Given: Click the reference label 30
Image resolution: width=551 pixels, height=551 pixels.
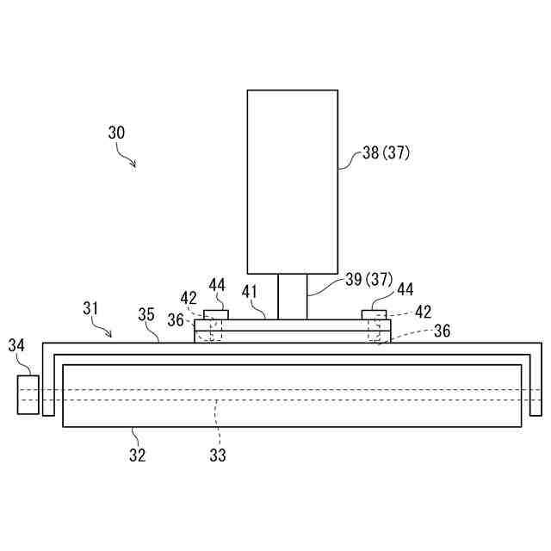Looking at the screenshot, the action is click(116, 133).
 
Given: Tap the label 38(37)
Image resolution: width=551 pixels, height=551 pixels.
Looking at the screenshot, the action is click(386, 153).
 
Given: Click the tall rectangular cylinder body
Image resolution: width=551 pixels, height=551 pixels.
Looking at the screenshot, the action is click(292, 182).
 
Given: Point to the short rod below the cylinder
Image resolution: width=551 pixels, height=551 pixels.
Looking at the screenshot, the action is click(292, 297).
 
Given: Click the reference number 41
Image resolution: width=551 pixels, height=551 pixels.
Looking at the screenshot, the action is click(250, 292).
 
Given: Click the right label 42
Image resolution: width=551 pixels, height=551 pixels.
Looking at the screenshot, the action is click(424, 312).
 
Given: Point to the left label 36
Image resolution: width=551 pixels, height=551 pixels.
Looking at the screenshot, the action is click(176, 319).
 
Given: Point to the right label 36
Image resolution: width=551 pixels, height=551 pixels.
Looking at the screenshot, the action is click(442, 331).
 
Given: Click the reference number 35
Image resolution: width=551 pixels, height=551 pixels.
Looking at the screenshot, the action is click(146, 315).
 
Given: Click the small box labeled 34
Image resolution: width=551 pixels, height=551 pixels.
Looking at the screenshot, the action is click(28, 393).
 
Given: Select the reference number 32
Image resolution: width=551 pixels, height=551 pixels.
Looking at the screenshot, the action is click(138, 455).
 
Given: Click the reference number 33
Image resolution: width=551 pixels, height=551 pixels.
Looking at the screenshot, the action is click(218, 455).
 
